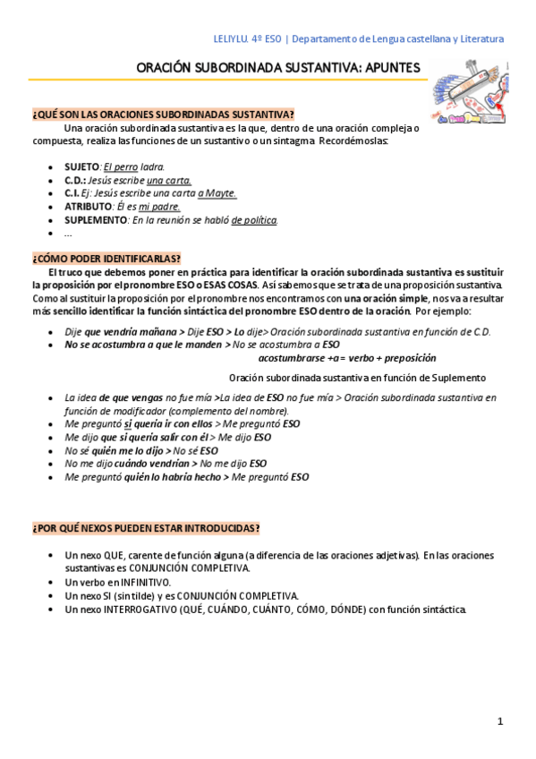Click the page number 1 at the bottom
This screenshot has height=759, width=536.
pos(501,721)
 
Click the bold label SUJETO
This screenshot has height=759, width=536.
pos(82,166)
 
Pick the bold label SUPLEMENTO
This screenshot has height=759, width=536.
pos(96,219)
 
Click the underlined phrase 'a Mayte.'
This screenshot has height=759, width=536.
pos(217,192)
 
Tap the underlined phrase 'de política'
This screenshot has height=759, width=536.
pos(254,219)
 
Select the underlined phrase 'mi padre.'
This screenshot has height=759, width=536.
pos(159,206)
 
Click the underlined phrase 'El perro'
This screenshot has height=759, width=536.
pos(121,166)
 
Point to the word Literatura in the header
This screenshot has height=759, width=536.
pos(480,38)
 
